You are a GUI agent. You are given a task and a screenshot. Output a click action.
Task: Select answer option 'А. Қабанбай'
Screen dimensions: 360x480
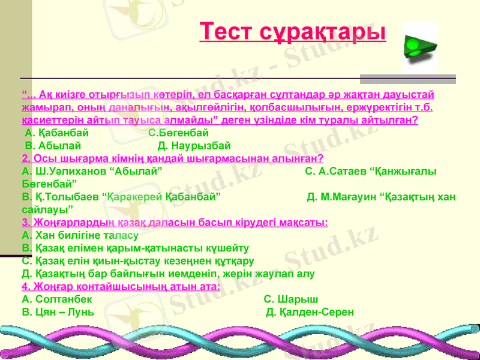[57, 133]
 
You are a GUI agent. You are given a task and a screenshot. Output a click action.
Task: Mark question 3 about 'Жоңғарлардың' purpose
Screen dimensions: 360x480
[174, 222]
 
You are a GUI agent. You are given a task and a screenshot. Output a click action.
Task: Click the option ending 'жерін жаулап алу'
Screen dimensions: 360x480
[167, 274]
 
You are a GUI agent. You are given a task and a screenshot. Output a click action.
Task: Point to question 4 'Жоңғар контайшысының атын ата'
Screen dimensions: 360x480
[121, 286]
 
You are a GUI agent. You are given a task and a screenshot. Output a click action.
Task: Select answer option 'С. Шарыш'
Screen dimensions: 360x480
[292, 299]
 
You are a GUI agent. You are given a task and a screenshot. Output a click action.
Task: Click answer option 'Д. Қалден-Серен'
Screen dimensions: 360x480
[310, 312]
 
